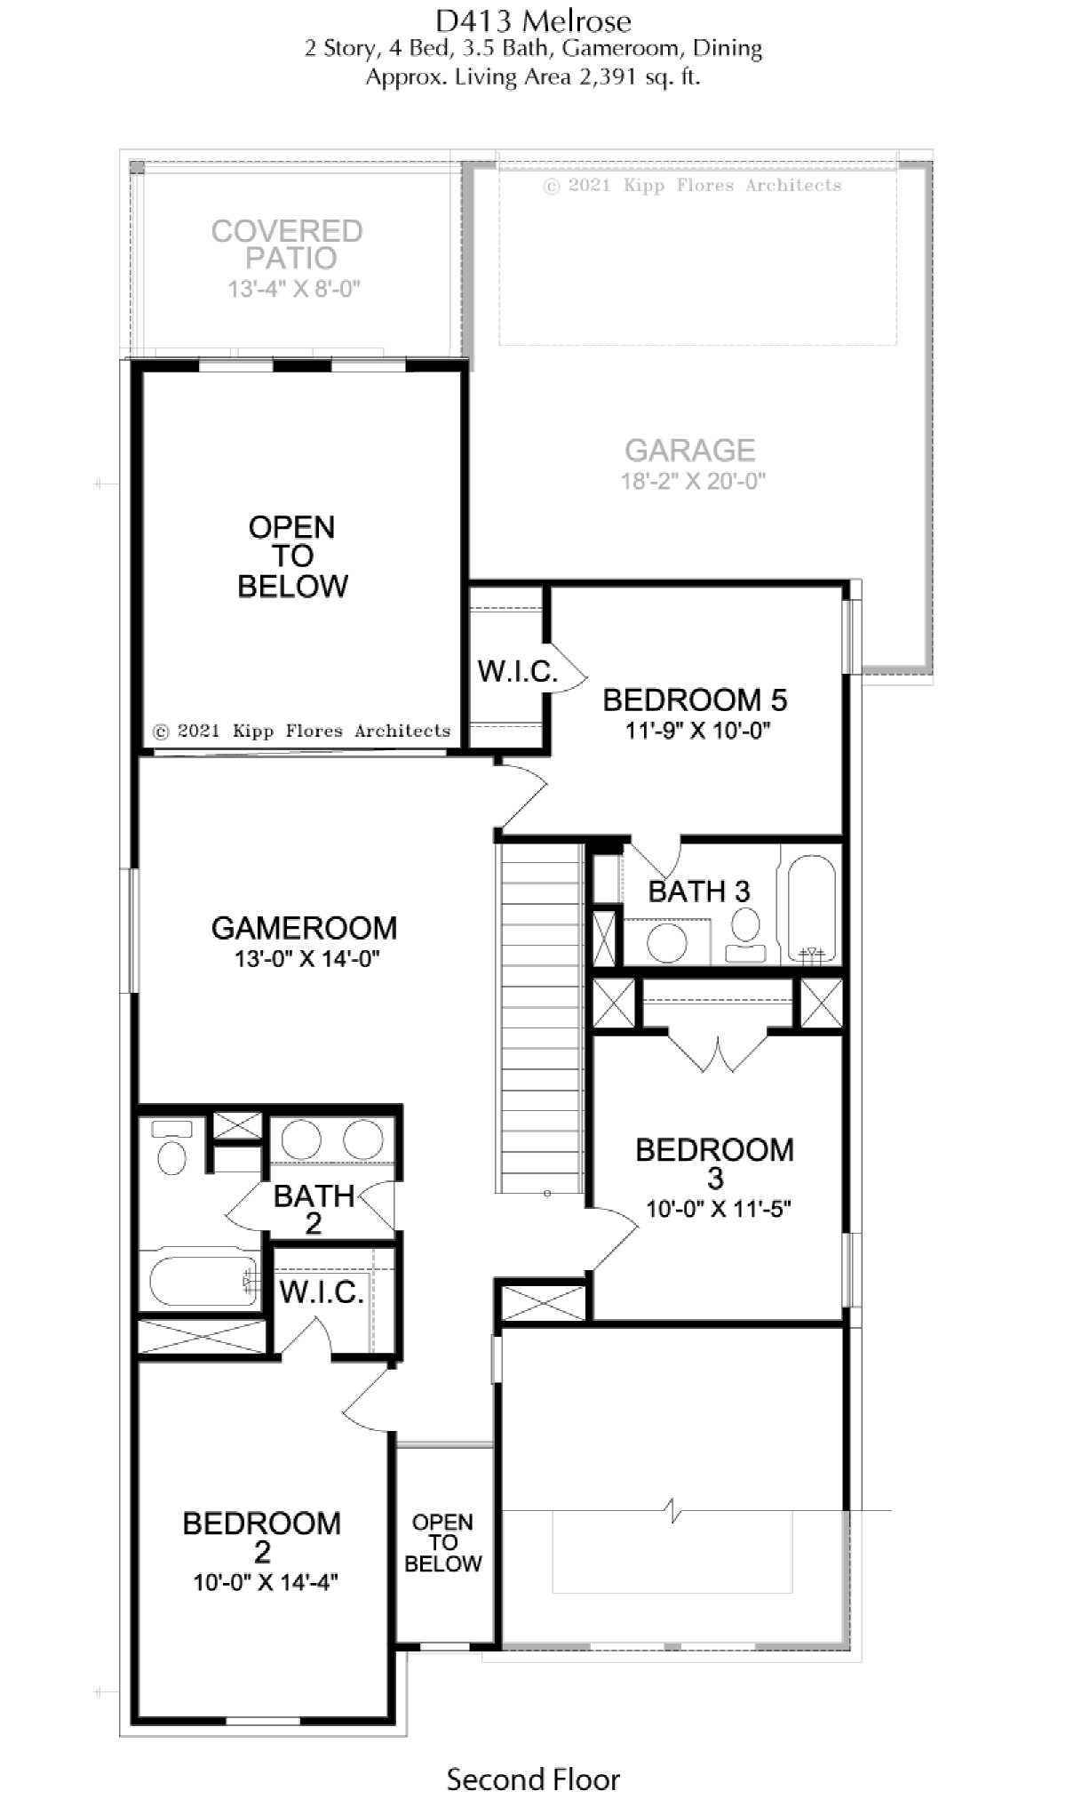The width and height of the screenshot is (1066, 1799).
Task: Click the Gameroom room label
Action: (x=304, y=928)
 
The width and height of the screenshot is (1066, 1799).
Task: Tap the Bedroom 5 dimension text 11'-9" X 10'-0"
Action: (x=697, y=731)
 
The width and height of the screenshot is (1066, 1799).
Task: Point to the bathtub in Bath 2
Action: (x=203, y=1281)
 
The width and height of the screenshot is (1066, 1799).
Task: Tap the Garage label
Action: (x=690, y=451)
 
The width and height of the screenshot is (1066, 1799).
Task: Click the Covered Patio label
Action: (x=287, y=244)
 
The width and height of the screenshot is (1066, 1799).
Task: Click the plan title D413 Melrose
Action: (x=533, y=20)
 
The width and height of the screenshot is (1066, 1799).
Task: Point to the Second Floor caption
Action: (x=533, y=1754)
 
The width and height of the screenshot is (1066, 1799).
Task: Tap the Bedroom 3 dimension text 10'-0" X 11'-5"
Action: (x=719, y=1209)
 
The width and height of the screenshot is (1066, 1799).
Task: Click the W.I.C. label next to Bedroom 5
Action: (x=517, y=671)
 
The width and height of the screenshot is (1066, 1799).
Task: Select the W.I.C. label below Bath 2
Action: (x=322, y=1292)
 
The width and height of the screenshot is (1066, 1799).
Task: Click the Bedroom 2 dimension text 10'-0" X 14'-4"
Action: (x=266, y=1582)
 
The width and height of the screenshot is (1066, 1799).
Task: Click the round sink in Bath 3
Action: (x=667, y=943)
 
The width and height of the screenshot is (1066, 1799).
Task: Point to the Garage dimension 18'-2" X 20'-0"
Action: (x=693, y=481)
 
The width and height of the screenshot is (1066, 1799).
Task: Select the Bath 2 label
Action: (x=314, y=1210)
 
